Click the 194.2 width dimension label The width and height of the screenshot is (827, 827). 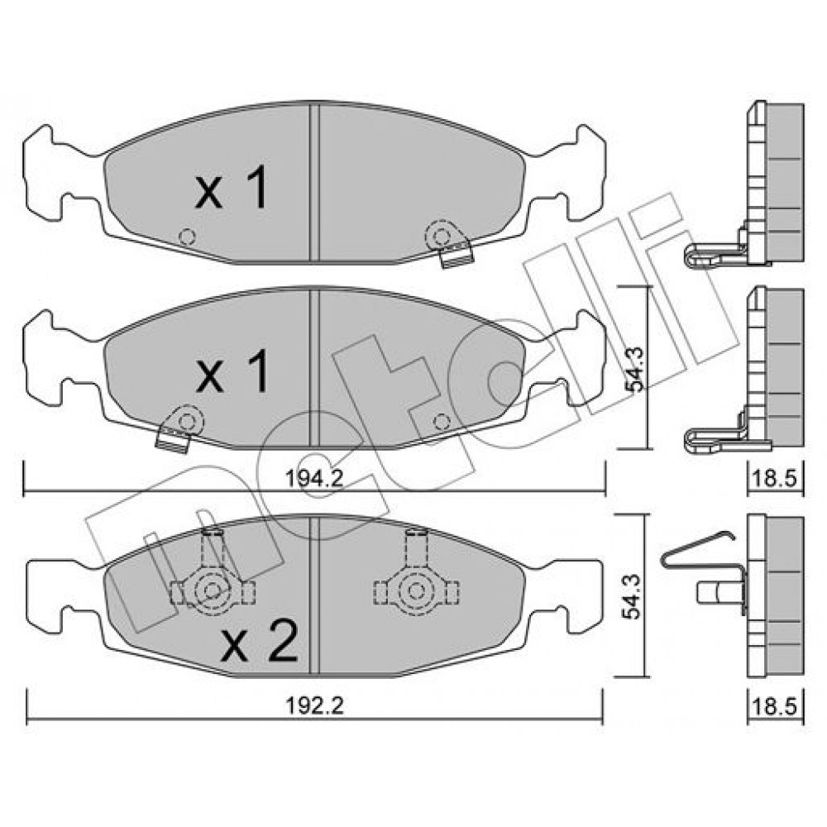tap(314, 478)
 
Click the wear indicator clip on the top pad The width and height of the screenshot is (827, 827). tap(448, 244)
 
